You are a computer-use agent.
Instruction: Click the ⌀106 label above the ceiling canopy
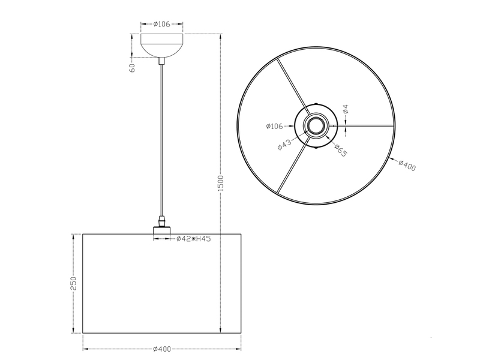pos(162,24)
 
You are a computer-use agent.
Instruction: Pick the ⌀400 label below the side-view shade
pos(161,349)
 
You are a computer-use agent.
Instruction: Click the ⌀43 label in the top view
pos(284,145)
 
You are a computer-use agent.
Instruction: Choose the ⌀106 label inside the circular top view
pos(274,126)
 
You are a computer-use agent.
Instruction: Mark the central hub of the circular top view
pos(316,125)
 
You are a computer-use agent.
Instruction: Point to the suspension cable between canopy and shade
pos(161,138)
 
